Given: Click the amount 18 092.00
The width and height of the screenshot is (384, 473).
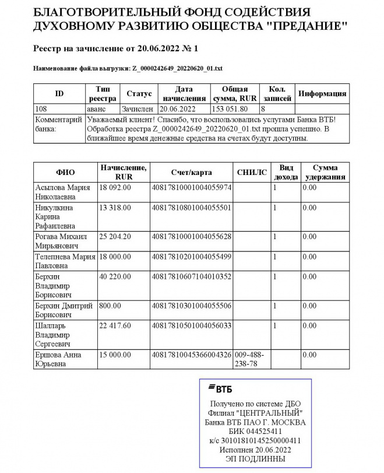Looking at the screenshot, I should tap(115, 187).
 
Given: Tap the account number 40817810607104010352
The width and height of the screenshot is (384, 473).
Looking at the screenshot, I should tap(191, 276).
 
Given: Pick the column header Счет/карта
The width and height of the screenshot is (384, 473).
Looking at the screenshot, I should tap(191, 172).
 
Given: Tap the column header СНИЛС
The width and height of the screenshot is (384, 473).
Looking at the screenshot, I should tap(252, 172).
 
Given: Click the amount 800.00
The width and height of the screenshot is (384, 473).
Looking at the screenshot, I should tap(110, 306).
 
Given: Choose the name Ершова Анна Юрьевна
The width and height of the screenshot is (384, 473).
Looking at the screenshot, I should tap(58, 359).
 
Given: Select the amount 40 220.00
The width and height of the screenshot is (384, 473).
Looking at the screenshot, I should tap(115, 276).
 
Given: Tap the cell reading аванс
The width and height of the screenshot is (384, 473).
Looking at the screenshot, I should tap(96, 108).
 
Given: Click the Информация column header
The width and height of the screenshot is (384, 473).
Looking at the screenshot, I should tap(322, 94).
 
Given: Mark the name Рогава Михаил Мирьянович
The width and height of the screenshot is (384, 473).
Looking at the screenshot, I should tap(61, 241).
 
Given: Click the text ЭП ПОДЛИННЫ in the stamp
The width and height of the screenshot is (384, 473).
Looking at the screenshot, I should tap(255, 459).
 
